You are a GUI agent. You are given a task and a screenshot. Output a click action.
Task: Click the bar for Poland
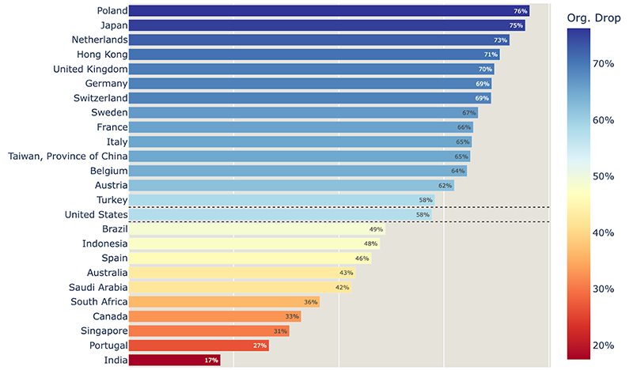pyautogui.click(x=328, y=11)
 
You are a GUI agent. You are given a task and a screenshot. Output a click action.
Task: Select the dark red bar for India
pyautogui.click(x=174, y=360)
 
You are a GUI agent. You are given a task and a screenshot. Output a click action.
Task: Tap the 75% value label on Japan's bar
pyautogui.click(x=516, y=25)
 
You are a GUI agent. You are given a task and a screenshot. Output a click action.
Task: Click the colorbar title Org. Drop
pyautogui.click(x=597, y=17)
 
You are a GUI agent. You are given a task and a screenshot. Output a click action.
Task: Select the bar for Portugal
pyautogui.click(x=199, y=345)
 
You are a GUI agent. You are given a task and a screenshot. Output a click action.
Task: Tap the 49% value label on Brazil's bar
pyautogui.click(x=376, y=229)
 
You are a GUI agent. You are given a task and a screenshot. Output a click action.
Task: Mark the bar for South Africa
pyautogui.click(x=224, y=301)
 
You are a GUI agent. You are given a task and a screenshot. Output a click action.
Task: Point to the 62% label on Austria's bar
pyautogui.click(x=445, y=186)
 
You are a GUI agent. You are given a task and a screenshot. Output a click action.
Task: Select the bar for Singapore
pyautogui.click(x=209, y=330)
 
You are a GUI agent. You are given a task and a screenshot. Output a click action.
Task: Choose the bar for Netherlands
pyautogui.click(x=319, y=40)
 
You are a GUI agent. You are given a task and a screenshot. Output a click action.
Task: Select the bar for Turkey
pyautogui.click(x=281, y=200)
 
